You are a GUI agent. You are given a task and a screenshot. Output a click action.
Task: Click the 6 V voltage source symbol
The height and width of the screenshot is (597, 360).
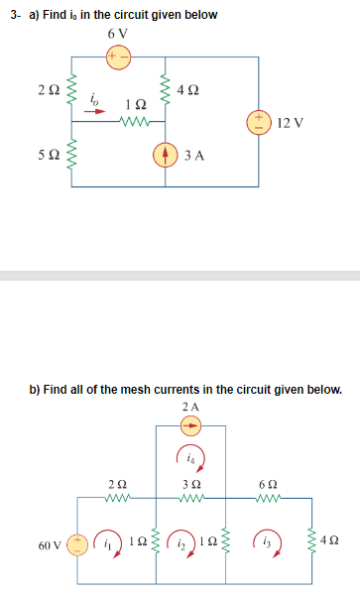119,57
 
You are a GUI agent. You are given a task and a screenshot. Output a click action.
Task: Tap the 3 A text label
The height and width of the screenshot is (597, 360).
193,156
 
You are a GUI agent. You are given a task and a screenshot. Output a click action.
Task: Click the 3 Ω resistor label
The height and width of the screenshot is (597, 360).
191,483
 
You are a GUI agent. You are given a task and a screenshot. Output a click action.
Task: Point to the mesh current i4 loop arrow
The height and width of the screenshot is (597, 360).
192,459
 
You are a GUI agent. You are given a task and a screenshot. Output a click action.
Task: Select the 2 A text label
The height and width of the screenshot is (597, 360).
191,408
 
